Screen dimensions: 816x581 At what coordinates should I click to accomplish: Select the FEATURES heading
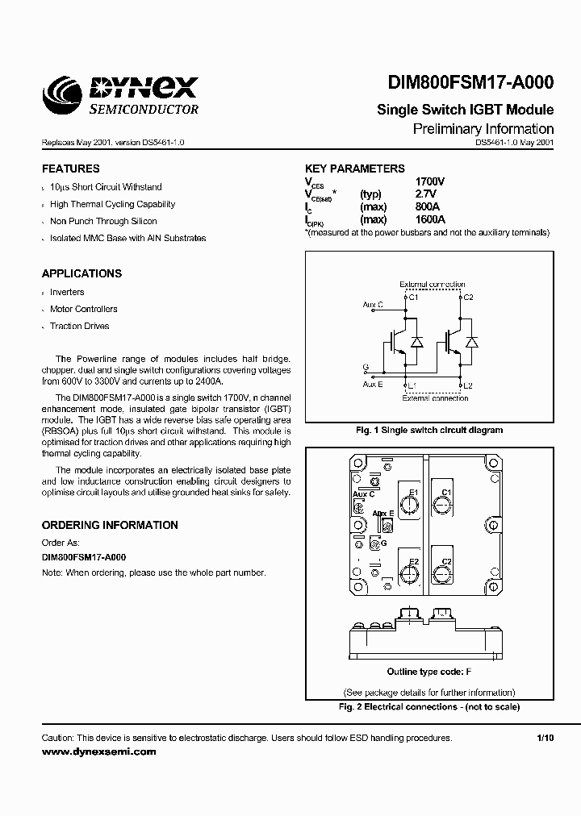71,169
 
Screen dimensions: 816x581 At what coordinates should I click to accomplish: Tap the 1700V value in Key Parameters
430,182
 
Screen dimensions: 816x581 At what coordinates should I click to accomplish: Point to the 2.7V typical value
425,194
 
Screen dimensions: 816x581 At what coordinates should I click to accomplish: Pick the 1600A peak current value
430,219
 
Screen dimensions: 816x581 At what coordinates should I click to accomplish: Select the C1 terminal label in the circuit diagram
413,298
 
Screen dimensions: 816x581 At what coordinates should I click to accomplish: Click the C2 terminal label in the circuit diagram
467,298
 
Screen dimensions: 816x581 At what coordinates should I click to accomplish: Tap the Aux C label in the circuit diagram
373,305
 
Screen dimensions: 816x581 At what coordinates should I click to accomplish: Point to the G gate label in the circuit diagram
366,368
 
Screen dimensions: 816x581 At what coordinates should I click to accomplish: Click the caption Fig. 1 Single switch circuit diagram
428,430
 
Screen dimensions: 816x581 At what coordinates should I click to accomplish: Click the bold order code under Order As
84,557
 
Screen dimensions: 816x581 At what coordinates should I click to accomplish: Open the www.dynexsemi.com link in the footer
98,751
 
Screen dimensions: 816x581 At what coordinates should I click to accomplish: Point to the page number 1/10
545,738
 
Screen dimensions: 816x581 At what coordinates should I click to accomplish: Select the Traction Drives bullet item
79,327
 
